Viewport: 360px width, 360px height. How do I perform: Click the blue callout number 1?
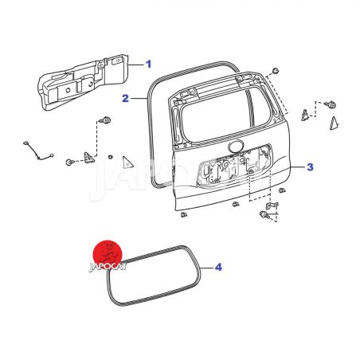click(148, 64)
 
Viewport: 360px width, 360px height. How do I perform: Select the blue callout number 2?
click(125, 99)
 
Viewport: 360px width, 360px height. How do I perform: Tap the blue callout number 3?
click(310, 167)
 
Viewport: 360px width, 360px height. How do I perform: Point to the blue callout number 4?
click(218, 267)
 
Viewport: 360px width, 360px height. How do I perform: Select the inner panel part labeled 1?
click(83, 82)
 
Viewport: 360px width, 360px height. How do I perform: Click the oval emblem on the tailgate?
click(236, 146)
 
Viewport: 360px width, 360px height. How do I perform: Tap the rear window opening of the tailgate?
click(225, 115)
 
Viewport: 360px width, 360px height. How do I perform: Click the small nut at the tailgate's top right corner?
click(276, 71)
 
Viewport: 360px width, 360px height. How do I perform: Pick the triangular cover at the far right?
click(334, 123)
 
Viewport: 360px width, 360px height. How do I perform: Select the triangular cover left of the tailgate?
click(127, 162)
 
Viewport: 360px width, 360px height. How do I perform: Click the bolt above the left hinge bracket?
click(105, 120)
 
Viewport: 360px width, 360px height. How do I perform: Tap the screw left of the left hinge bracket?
click(69, 162)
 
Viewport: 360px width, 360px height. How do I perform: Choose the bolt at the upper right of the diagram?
click(331, 104)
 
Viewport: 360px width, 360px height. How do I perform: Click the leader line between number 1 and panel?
click(136, 65)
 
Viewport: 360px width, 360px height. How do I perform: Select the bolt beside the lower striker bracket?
click(264, 214)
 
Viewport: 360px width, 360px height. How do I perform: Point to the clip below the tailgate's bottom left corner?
click(183, 214)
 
